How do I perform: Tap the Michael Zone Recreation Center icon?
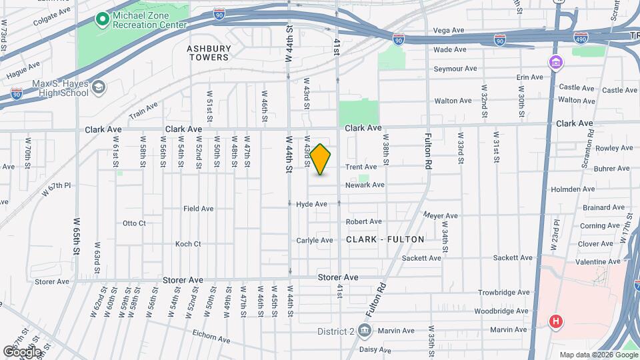click(102, 20)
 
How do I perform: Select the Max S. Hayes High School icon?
click(98, 87)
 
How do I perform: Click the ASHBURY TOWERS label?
click(208, 53)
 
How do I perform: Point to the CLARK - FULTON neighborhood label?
click(385, 239)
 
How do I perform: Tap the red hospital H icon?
click(555, 322)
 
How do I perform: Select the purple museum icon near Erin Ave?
click(555, 63)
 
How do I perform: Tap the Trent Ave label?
click(361, 167)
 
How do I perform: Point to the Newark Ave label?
click(365, 185)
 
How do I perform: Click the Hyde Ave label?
click(311, 204)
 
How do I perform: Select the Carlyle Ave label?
click(314, 241)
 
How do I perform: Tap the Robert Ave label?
click(363, 221)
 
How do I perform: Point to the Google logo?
click(22, 351)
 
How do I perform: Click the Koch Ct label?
click(187, 244)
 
